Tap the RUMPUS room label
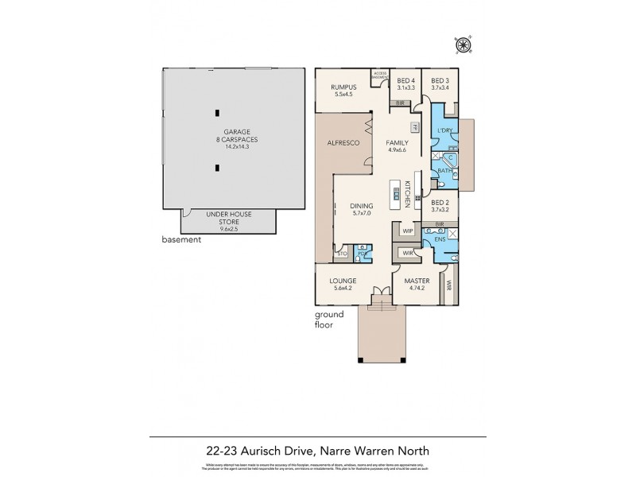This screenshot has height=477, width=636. pyautogui.click(x=344, y=87)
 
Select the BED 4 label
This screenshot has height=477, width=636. pyautogui.click(x=406, y=80)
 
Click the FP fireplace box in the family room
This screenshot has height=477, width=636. pyautogui.click(x=414, y=128)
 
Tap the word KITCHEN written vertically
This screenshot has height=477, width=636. pyautogui.click(x=407, y=193)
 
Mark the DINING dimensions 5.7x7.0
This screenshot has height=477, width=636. pyautogui.click(x=361, y=214)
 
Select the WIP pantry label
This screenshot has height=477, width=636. pyautogui.click(x=408, y=231)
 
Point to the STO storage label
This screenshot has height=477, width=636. pyautogui.click(x=343, y=255)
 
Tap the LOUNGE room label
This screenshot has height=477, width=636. pyautogui.click(x=350, y=281)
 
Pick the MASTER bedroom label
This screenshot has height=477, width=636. pyautogui.click(x=417, y=281)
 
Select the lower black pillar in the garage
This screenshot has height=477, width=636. pyautogui.click(x=217, y=168)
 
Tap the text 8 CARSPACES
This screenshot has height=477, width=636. pyautogui.click(x=217, y=140)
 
